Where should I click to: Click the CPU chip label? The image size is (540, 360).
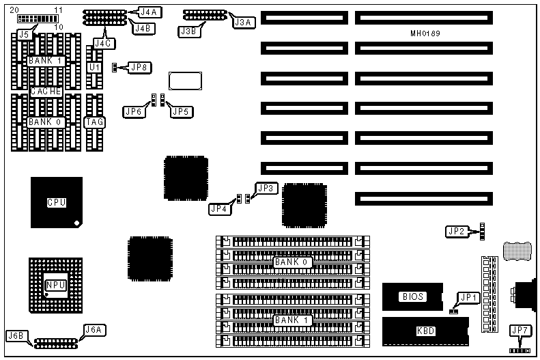56,202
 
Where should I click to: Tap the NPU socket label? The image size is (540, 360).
55,285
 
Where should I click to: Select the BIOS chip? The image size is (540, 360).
413,296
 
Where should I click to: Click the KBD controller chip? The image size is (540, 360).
425,331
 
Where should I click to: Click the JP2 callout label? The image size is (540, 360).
456,232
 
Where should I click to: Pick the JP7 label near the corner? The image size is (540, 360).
520,331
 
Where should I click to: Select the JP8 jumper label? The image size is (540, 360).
140,67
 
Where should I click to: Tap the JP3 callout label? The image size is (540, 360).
266,187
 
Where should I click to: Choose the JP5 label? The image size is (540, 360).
180,111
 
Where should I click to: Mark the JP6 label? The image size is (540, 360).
134,111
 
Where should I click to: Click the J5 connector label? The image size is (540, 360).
25,33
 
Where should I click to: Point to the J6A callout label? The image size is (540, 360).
93,329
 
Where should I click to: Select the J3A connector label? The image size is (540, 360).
242,23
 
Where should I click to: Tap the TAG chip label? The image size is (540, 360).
94,122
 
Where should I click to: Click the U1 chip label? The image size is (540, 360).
95,68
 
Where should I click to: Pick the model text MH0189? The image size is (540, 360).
425,33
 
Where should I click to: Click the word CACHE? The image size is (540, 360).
46,91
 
